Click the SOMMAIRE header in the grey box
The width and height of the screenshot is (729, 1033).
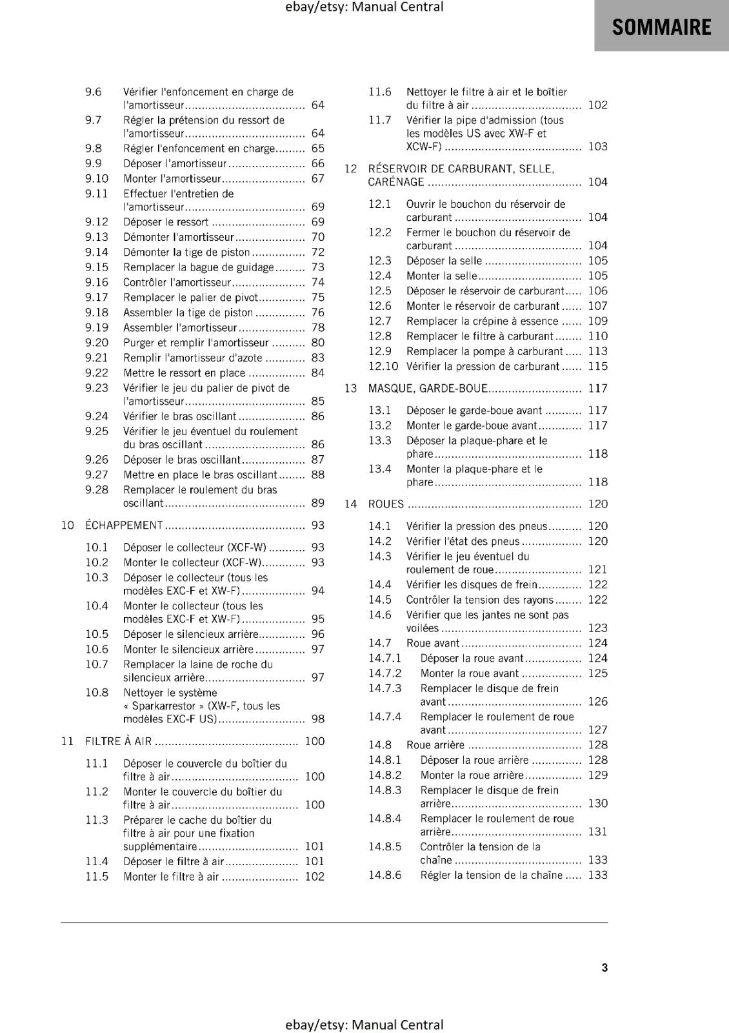[x=661, y=27]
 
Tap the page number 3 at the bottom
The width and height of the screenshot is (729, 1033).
[x=604, y=967]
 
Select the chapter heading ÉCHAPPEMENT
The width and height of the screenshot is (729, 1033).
[x=124, y=525]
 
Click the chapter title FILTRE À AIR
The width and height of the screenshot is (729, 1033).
[x=119, y=741]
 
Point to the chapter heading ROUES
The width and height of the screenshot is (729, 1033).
[x=386, y=504]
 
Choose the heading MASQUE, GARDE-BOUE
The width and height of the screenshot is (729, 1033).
[x=428, y=388]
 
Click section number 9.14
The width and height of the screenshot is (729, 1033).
[x=97, y=252]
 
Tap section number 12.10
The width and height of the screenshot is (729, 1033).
[x=383, y=366]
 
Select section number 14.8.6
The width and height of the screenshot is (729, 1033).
[x=385, y=875]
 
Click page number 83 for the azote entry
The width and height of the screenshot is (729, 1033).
[x=318, y=358]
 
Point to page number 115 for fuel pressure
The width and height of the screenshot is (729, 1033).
[x=598, y=366]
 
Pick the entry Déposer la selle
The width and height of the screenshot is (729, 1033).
[x=444, y=261]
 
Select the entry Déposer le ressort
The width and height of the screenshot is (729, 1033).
[x=166, y=222]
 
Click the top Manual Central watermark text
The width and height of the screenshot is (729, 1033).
[x=364, y=7]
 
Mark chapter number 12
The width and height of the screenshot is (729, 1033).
[x=350, y=169]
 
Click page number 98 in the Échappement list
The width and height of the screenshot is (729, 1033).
[x=318, y=719]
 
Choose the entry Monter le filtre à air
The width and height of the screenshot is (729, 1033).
[x=171, y=876]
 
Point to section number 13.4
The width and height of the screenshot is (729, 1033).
[x=380, y=469]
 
